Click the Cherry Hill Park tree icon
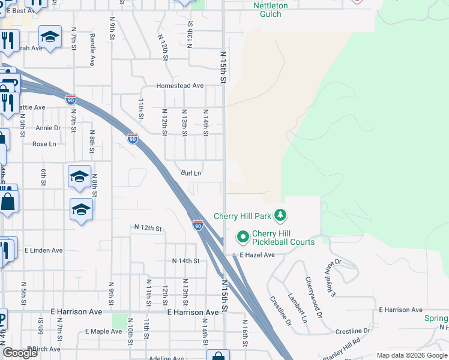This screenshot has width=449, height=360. tap(279, 215)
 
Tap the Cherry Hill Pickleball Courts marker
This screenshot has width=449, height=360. tap(243, 238)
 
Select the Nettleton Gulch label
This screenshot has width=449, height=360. tap(270, 10)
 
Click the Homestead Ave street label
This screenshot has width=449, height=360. tap(180, 86)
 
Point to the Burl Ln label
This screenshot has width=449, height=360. tap(191, 173)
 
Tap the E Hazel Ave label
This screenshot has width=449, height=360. tap(257, 255)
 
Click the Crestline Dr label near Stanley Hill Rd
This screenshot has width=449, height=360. tap(353, 331)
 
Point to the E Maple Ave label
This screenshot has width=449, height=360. tap(103, 331)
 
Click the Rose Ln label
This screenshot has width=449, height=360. tap(44, 144)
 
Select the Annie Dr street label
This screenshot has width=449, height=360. tap(48, 128)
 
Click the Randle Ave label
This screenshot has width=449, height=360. tap(92, 49)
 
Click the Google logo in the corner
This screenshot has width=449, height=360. tap(20, 353)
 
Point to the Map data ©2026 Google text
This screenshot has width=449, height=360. tap(412, 355)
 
